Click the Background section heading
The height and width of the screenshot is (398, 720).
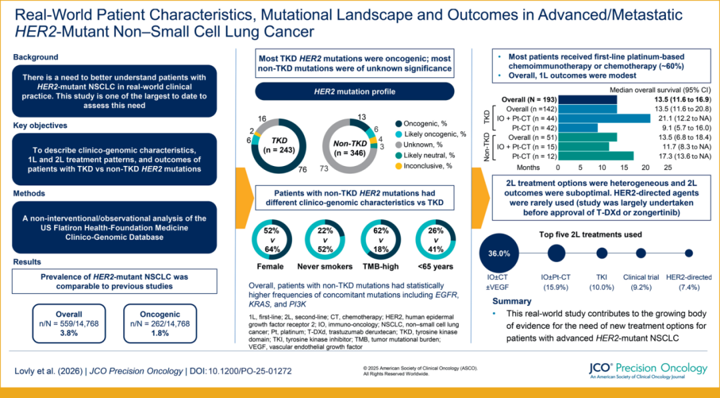(x=35, y=57)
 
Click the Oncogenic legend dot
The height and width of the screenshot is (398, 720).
(x=398, y=123)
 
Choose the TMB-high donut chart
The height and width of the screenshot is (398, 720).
(x=380, y=240)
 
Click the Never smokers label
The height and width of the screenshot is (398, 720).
(x=325, y=267)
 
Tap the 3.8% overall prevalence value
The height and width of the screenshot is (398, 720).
(x=69, y=333)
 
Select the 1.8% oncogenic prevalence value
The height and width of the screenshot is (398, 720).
(x=160, y=333)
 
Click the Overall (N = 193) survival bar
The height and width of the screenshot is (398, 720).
(x=588, y=99)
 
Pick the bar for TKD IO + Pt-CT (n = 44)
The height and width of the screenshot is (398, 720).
(x=604, y=119)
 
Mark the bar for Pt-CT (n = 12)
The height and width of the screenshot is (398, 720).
(x=596, y=156)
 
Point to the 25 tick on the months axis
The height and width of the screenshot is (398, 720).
(x=667, y=167)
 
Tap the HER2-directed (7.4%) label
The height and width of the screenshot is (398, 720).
(x=689, y=282)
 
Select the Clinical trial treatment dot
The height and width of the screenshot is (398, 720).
(x=641, y=253)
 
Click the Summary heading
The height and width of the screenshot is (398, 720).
(x=512, y=301)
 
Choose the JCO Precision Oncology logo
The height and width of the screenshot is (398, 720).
(x=649, y=371)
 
